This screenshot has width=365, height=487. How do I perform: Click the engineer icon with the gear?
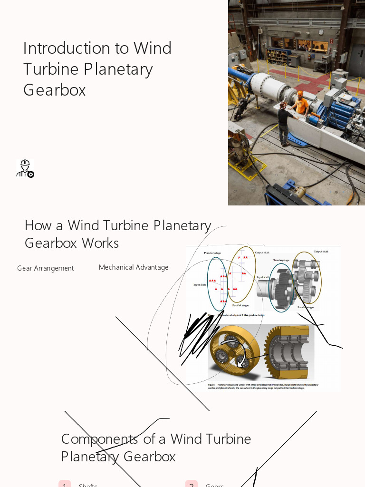pyautogui.click(x=25, y=169)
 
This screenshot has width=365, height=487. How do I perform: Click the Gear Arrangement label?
pyautogui.click(x=46, y=268)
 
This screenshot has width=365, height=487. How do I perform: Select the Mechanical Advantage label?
pyautogui.click(x=134, y=267)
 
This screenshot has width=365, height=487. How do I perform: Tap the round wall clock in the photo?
pyautogui.click(x=321, y=32)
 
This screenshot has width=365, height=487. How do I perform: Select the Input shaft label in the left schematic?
pyautogui.click(x=200, y=285)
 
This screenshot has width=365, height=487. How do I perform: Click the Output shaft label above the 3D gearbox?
pyautogui.click(x=321, y=252)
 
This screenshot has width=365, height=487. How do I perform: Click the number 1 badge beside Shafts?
pyautogui.click(x=65, y=484)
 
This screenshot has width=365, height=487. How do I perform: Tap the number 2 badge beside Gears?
pyautogui.click(x=192, y=484)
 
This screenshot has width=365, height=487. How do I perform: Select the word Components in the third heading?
pyautogui.click(x=99, y=438)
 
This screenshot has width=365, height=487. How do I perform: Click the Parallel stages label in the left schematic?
pyautogui.click(x=240, y=305)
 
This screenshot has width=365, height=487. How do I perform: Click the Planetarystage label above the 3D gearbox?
pyautogui.click(x=280, y=260)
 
